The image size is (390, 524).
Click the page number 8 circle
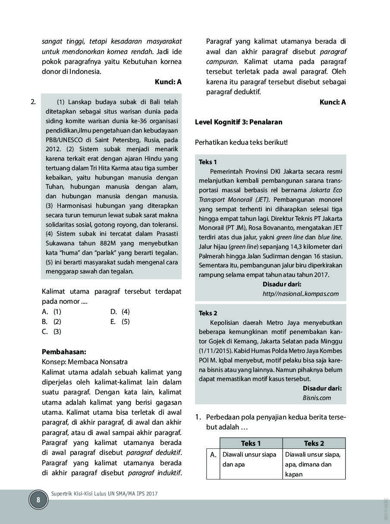point(38,500)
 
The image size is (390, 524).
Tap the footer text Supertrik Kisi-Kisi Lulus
point(104,493)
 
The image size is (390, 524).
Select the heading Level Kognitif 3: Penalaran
point(239,122)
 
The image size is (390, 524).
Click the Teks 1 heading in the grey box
point(208,162)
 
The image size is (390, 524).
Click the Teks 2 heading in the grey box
point(208,313)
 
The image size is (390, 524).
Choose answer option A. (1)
point(52,311)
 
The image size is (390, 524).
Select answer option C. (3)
point(52,331)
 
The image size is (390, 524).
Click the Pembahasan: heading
point(64,352)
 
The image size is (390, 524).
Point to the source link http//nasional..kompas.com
point(300,294)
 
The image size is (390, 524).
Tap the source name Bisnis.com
point(317,398)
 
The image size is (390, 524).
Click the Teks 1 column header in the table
point(251,443)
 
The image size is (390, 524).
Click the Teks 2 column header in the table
point(314,443)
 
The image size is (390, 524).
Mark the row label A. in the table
point(213,454)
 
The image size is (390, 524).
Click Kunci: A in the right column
point(333,102)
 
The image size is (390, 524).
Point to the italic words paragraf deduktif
point(154,453)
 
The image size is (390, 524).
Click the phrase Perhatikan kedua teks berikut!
point(241,142)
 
